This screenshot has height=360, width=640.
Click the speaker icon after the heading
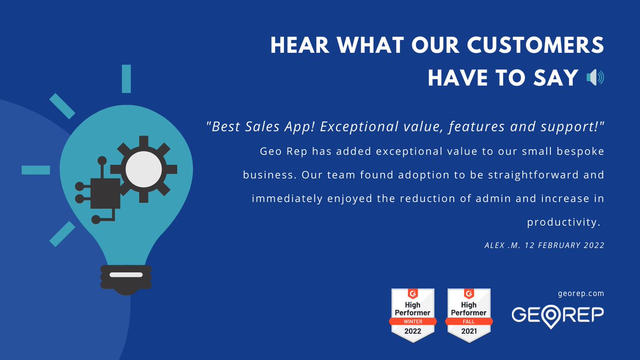click(595, 78)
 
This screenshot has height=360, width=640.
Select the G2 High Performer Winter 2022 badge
click(412, 315)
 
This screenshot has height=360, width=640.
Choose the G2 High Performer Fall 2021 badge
click(469, 315)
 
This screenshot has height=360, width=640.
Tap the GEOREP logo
click(558, 314)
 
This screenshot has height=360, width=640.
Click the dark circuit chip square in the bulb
click(105, 193)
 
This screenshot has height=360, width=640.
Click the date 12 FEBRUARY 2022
click(565, 245)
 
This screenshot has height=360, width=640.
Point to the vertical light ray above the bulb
click(126, 78)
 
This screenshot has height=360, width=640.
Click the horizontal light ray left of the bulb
click(36, 170)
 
